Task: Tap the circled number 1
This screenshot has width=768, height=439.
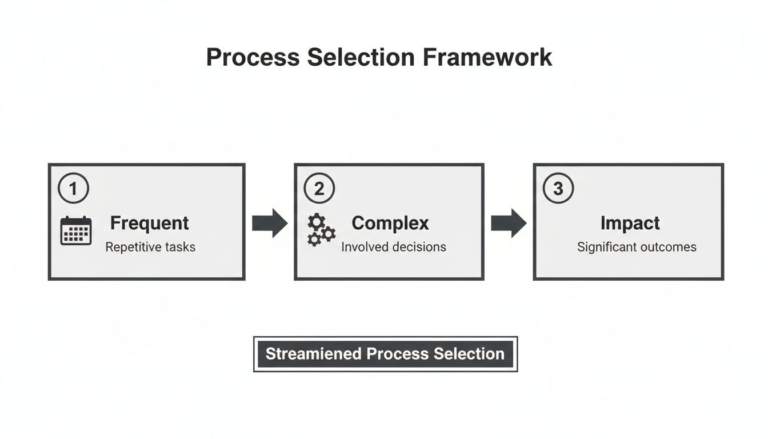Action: click(x=74, y=188)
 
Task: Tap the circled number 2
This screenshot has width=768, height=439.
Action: click(x=319, y=188)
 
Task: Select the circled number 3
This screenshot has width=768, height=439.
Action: click(x=558, y=188)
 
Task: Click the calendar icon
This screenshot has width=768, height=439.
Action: click(x=76, y=231)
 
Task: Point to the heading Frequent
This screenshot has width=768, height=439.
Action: click(x=149, y=223)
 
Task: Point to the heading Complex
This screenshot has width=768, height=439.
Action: click(x=390, y=223)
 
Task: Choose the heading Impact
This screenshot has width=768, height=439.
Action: click(x=630, y=223)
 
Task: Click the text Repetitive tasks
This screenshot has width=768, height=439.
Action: click(x=150, y=248)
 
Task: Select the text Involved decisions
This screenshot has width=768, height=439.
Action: click(x=394, y=248)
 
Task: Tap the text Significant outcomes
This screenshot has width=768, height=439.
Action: click(x=637, y=248)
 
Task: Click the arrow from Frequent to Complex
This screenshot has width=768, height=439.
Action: click(x=270, y=223)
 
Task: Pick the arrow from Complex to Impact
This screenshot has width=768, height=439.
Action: click(x=509, y=223)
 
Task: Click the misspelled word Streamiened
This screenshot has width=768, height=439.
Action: click(x=313, y=354)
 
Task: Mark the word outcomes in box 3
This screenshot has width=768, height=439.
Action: click(x=668, y=248)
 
